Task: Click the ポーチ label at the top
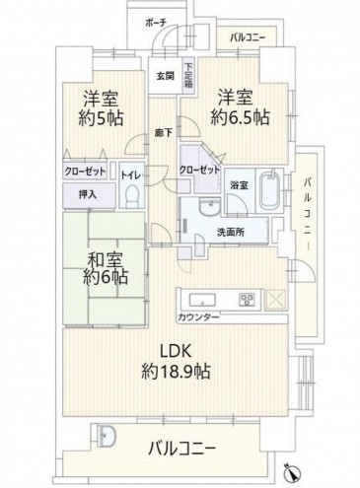154,22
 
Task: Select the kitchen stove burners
246,300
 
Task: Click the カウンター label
200,317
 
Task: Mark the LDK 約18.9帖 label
178,362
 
